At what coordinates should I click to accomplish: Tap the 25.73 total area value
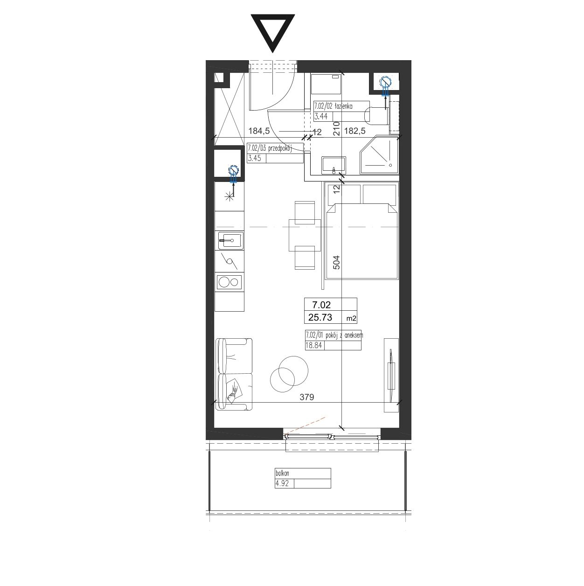[x=320, y=317]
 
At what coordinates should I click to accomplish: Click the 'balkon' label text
[x=282, y=474]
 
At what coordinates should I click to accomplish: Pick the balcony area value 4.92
[x=282, y=483]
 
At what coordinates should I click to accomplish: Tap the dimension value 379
[x=306, y=397]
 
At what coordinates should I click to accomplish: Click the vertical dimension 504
[x=336, y=262]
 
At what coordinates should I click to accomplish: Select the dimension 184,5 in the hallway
[x=259, y=131]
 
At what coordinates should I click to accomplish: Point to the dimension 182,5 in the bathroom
[x=355, y=131]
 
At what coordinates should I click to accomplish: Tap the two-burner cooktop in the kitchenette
[x=229, y=282]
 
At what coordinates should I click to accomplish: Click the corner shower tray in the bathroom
[x=379, y=155]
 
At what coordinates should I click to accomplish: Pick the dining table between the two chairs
[x=305, y=235]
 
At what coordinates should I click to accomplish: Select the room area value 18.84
[x=313, y=345]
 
